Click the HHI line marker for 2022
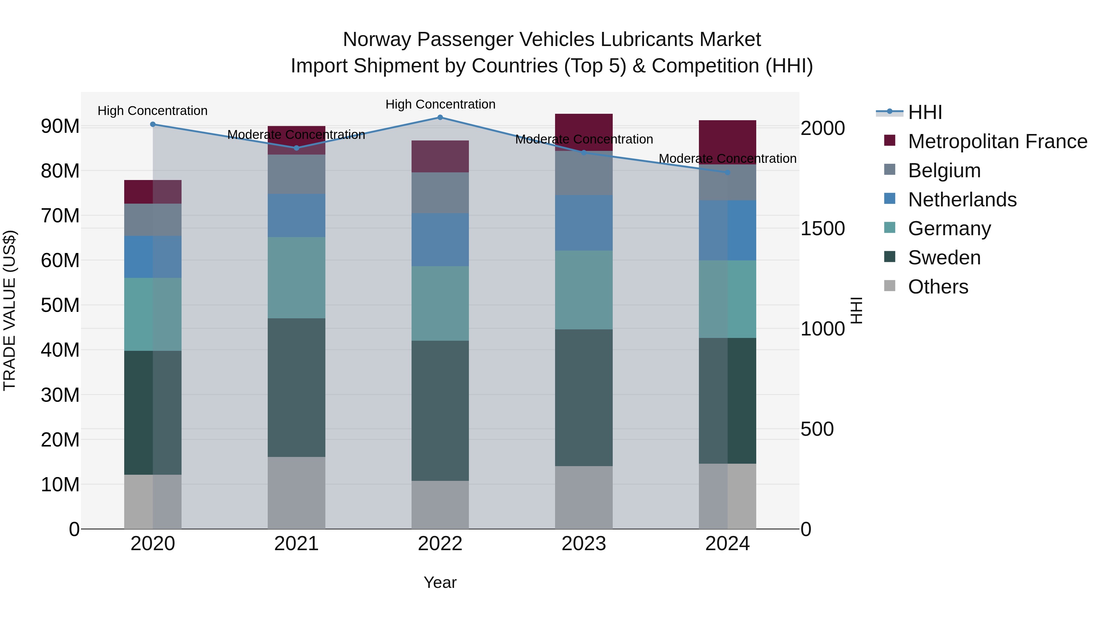[440, 117]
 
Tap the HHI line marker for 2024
[727, 172]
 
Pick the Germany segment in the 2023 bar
[584, 290]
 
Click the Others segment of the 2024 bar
[727, 496]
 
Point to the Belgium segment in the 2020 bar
[153, 220]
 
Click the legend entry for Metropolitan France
[997, 141]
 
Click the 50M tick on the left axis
[60, 305]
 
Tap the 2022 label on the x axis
[440, 544]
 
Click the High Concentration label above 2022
[440, 104]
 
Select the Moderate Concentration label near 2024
[727, 159]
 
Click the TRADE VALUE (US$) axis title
[10, 310]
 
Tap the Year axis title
[440, 582]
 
